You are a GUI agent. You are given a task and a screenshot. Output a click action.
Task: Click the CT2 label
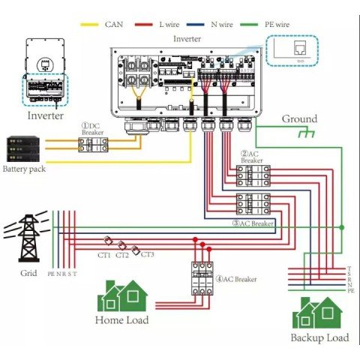pos(122,255)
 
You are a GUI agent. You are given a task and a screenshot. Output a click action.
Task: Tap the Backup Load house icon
pos(319,313)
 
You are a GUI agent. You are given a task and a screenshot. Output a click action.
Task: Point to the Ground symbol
pos(305,133)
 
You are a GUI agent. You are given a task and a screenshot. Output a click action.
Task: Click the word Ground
pos(299,118)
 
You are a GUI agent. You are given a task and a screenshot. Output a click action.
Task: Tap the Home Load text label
pos(121,320)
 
